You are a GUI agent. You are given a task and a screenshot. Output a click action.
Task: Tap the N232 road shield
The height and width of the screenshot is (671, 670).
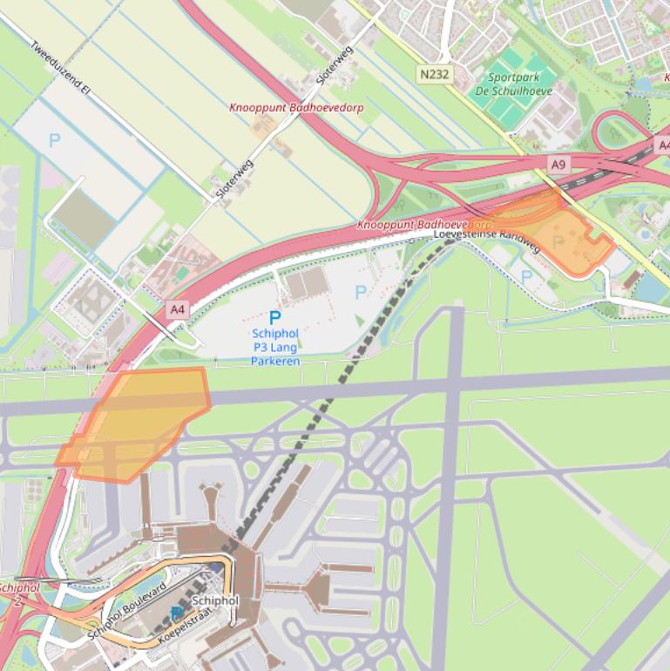434,74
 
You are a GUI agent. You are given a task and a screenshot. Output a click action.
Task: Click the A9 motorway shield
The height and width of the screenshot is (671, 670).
558,163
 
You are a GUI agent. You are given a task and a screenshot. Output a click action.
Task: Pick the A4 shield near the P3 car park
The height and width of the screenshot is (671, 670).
178,309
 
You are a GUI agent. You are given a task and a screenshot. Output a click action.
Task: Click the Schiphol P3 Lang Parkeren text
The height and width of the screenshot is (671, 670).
275,347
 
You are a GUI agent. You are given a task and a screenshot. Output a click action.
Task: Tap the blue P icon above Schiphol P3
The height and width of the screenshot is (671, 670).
275,319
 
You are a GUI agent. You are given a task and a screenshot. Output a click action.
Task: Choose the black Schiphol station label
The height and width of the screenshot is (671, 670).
214,601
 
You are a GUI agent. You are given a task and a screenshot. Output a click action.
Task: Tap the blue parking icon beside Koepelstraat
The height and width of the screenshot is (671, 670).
177,614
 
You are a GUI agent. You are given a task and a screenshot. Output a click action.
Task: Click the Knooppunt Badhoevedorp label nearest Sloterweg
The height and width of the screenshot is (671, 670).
296,108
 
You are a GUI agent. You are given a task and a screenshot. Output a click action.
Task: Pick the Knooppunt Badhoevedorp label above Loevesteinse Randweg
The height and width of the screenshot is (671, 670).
424,224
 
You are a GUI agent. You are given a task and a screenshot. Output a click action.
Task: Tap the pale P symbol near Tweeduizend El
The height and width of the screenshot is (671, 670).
55,139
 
